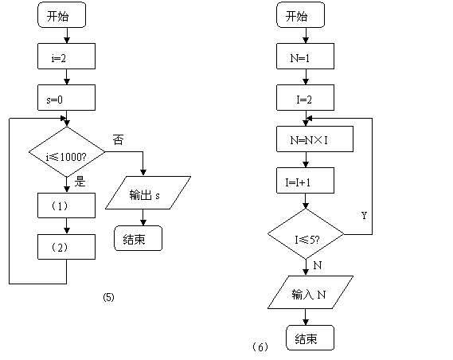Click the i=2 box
[66, 57]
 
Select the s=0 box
[66, 98]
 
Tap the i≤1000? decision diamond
[67, 152]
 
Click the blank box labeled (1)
[66, 205]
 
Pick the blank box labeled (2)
[66, 247]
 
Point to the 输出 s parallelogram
[148, 193]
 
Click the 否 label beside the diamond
[118, 140]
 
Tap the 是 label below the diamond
[80, 182]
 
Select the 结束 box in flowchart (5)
[138, 238]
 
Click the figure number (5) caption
[108, 297]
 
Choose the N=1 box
[306, 57]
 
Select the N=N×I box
[315, 139]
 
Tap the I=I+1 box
[306, 181]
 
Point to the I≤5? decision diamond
[306, 234]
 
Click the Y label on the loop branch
[364, 215]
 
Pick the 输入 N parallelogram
[310, 292]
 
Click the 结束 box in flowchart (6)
[310, 338]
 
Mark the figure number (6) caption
[260, 346]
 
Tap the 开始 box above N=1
[300, 15]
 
